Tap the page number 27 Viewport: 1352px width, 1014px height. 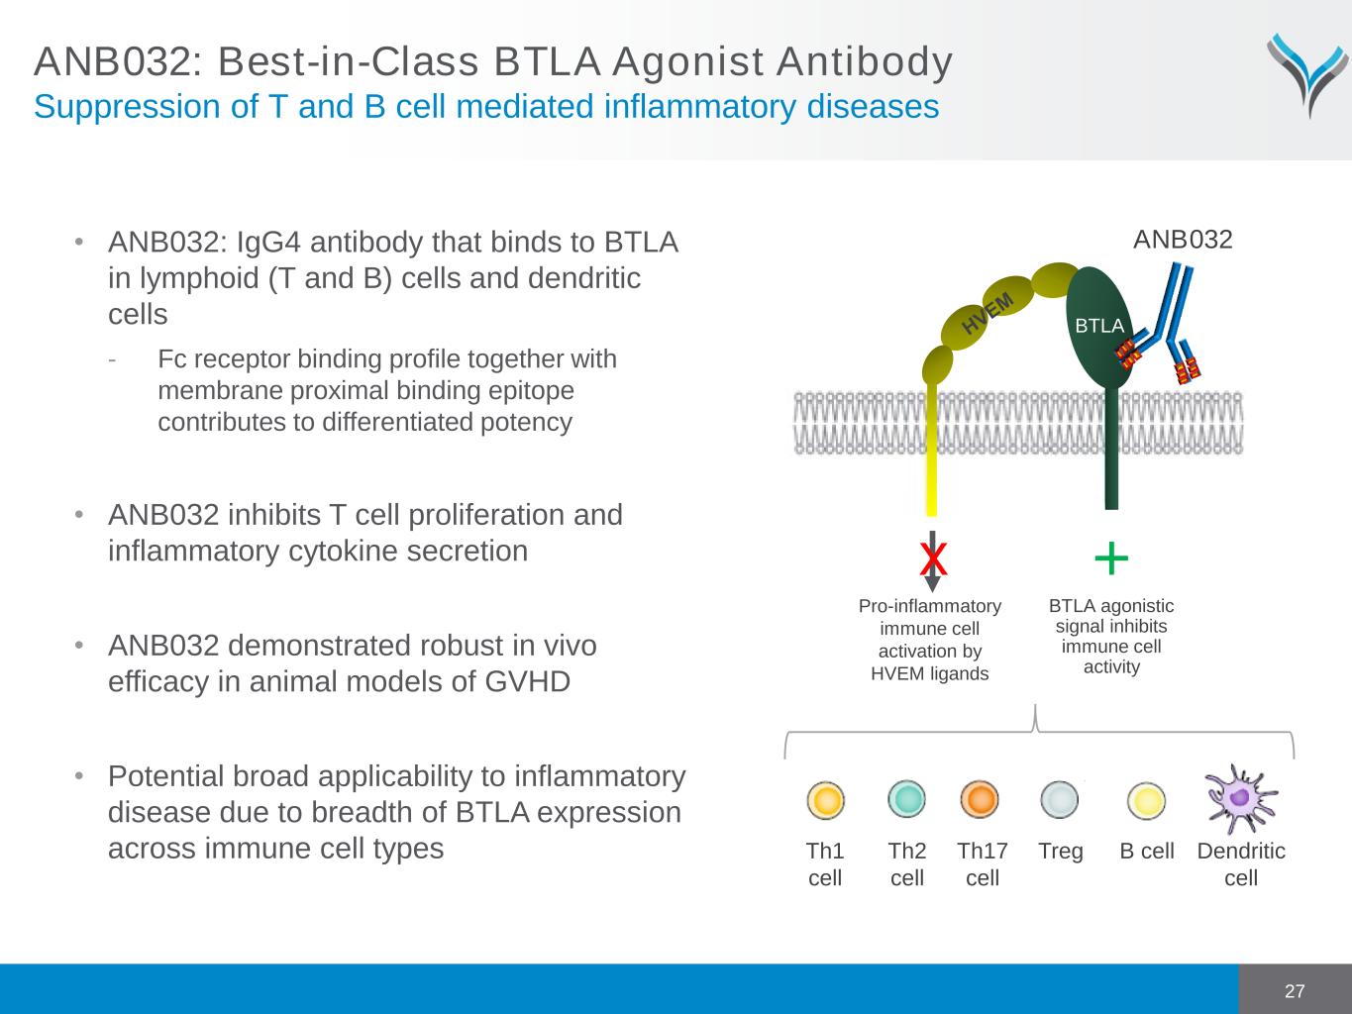pos(1295,991)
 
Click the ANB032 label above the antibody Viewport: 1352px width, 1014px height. pos(1183,240)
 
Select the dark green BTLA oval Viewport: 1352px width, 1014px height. pos(1100,328)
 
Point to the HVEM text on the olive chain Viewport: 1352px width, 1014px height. pos(988,313)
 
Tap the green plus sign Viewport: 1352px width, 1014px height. pos(1111,558)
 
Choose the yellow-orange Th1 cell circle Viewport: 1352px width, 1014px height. pos(825,800)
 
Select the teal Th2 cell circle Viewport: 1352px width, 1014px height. pos(906,798)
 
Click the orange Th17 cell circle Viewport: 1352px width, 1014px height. pos(980,799)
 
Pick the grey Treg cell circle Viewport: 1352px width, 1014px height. pos(1060,800)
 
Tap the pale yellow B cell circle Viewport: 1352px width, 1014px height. pos(1146,801)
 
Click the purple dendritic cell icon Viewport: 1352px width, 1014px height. pos(1240,798)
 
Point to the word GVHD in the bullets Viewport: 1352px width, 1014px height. pos(527,681)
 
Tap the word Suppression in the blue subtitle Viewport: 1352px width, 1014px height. pos(127,107)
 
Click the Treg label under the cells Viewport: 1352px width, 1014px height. pos(1060,852)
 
